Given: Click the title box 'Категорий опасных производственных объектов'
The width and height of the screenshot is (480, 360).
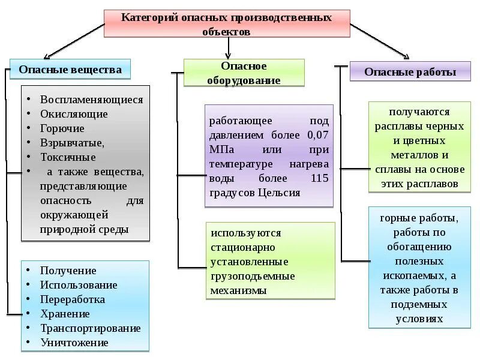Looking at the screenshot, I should tap(226, 24).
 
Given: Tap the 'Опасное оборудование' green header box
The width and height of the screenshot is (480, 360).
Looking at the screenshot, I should tap(244, 73).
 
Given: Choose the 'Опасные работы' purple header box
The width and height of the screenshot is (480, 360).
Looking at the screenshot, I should tap(410, 73).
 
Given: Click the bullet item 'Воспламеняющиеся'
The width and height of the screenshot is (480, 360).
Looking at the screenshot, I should tap(91, 100).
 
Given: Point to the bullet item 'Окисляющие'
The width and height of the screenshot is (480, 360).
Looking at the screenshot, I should tap(74, 114).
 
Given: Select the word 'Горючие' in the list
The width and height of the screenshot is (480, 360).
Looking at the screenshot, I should tap(62, 128).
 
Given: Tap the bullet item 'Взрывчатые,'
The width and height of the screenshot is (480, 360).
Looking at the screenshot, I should tap(72, 143).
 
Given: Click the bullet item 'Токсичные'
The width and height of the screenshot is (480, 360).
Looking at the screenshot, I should tap(68, 157).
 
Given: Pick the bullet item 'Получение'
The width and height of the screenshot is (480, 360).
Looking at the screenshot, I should tap(68, 271).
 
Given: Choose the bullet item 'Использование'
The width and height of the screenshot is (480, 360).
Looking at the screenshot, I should tap(79, 285).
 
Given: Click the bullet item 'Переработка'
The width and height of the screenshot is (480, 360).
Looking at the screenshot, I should tap(73, 299).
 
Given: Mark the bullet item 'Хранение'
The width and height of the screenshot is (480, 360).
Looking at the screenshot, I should tap(65, 314).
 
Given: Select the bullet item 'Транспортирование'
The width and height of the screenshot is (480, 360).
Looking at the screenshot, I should tap(90, 328).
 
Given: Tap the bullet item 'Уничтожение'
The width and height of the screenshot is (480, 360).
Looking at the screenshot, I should tap(74, 343).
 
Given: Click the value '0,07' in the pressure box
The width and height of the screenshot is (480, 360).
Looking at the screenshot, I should tap(317, 135).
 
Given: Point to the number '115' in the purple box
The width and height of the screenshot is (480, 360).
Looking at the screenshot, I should tap(319, 178).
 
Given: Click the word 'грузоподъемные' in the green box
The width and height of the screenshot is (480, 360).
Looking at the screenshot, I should tap(252, 276).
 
